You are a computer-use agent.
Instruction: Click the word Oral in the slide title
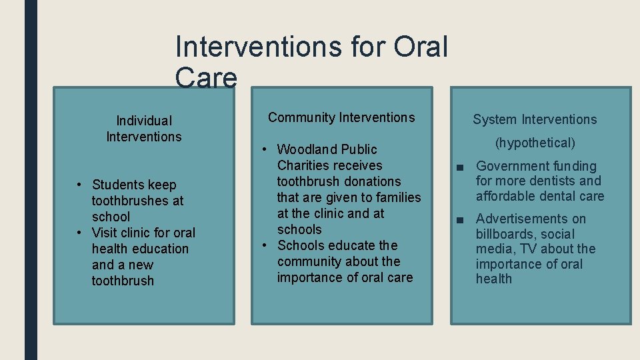point(421,47)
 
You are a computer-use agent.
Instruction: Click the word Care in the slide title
point(205,78)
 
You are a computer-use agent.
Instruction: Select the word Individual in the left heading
point(144,121)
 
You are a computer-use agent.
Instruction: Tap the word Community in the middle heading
point(301,118)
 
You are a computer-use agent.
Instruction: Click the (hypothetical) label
point(535,143)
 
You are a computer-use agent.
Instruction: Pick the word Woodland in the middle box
point(307,149)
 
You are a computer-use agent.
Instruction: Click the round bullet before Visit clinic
point(79,233)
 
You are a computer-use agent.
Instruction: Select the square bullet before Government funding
point(459,167)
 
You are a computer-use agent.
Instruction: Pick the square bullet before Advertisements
point(459,219)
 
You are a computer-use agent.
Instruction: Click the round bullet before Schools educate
point(265,245)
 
